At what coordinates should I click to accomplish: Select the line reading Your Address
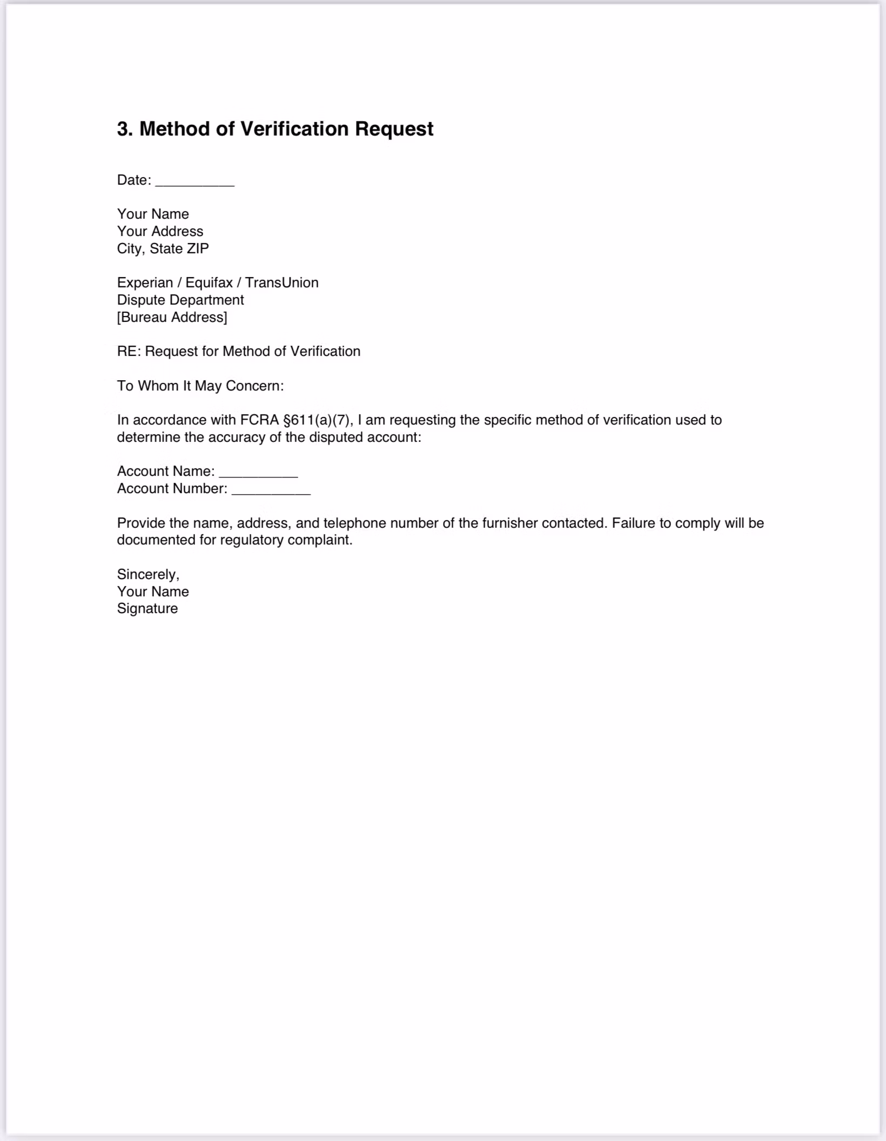[160, 231]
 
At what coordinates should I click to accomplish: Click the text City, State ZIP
[163, 249]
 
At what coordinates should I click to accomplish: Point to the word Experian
[145, 283]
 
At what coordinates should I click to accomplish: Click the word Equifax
[209, 283]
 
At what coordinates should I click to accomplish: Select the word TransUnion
[281, 283]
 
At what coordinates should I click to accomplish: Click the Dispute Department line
[180, 300]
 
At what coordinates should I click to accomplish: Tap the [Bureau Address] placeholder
[172, 317]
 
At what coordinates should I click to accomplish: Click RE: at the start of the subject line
[129, 351]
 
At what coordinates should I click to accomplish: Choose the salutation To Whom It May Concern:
[200, 386]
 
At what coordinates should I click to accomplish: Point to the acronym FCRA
[259, 420]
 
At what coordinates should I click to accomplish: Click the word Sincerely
[147, 574]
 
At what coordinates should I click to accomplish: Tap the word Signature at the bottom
[147, 608]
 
